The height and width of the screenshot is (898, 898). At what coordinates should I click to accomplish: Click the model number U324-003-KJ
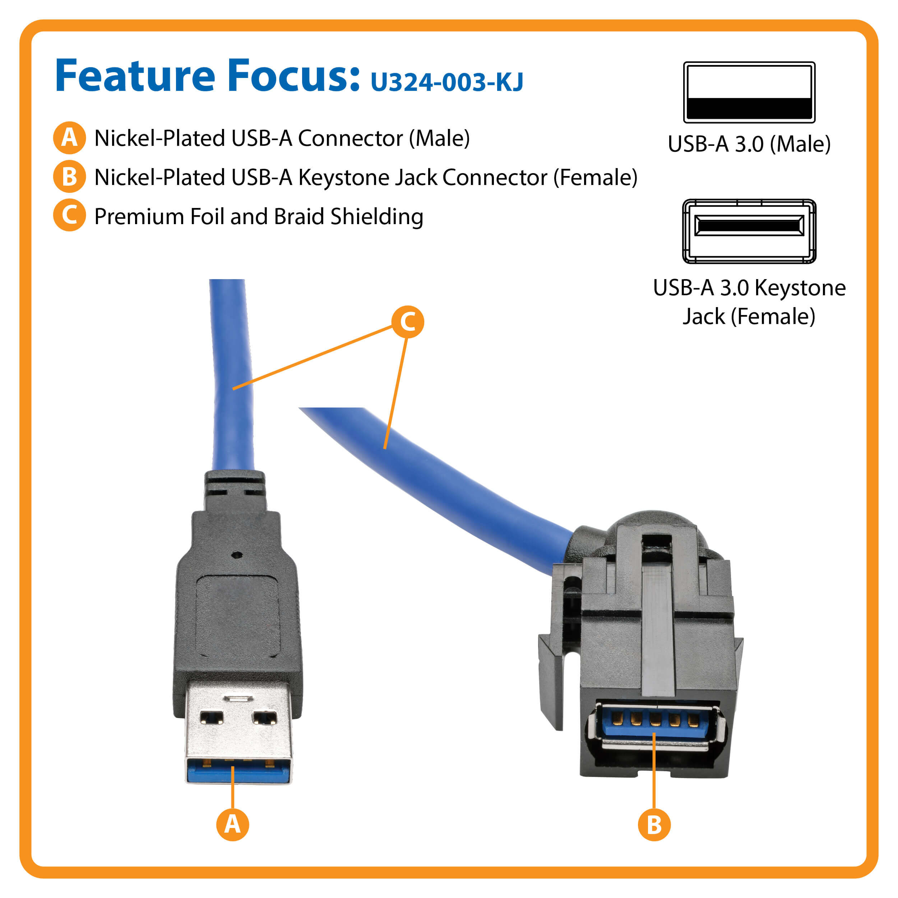[447, 82]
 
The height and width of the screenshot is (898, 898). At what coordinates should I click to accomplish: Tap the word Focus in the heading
[293, 75]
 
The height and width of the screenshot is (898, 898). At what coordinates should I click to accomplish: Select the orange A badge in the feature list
[69, 138]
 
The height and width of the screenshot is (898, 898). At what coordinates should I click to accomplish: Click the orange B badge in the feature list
[69, 177]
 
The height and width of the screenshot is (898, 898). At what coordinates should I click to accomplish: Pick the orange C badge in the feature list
[69, 215]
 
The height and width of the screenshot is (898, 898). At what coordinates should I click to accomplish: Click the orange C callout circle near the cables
[408, 321]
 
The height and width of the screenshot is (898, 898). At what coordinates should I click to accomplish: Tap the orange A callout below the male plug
[232, 825]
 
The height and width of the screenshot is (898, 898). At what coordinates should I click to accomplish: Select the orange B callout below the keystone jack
[654, 825]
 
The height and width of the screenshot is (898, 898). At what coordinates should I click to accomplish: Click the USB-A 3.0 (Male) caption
[749, 144]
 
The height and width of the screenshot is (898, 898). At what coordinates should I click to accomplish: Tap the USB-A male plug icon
[749, 92]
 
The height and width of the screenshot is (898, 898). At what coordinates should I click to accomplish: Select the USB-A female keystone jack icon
[749, 231]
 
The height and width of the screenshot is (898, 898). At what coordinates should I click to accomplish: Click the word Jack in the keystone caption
[703, 316]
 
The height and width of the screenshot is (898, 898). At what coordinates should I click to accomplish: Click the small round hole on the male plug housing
[237, 555]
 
